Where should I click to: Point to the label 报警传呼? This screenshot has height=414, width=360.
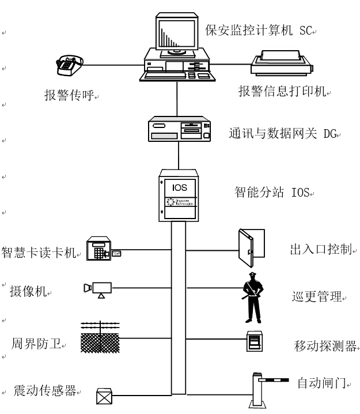point(68,95)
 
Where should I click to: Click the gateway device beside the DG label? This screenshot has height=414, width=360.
point(177,129)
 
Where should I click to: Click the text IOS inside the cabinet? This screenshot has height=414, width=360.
point(179,187)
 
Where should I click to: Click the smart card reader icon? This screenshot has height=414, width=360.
point(101,249)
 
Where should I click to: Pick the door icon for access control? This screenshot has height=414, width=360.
point(251,245)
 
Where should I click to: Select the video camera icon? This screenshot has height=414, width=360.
point(99,288)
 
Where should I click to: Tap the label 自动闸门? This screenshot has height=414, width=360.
point(321,382)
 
